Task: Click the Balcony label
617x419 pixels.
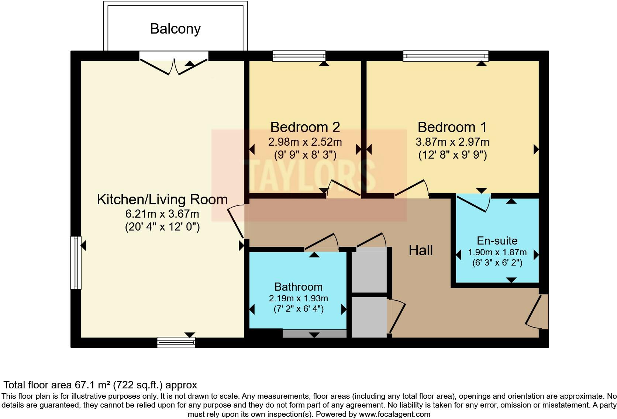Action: (x=175, y=29)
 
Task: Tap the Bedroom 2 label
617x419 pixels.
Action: (x=305, y=127)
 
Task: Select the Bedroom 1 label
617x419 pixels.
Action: (x=452, y=127)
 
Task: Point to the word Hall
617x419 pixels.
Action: (x=421, y=250)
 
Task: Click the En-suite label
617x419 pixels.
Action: (x=497, y=240)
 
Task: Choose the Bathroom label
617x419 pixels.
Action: (x=298, y=287)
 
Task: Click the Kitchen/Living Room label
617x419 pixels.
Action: (x=162, y=200)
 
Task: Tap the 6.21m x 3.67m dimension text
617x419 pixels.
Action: (x=162, y=214)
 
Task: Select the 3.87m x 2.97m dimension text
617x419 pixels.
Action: (x=452, y=142)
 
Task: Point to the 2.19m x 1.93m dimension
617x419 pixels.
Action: (x=298, y=298)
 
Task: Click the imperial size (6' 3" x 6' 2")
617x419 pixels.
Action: (x=497, y=263)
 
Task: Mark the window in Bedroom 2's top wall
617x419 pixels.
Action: (x=299, y=56)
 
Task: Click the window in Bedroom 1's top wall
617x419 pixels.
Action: (x=446, y=56)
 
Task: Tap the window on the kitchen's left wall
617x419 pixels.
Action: (x=76, y=263)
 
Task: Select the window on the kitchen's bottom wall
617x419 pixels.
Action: (x=176, y=342)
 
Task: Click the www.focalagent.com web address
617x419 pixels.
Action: (x=394, y=414)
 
